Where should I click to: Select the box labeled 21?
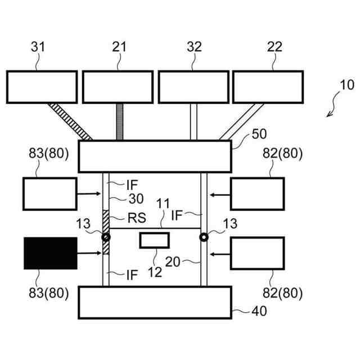pyautogui.click(x=118, y=87)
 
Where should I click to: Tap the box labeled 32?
pyautogui.click(x=193, y=87)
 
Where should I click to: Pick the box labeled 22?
pyautogui.click(x=268, y=87)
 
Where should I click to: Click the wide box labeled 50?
pyautogui.click(x=154, y=156)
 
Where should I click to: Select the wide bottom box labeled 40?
pyautogui.click(x=154, y=302)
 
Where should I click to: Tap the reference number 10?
pyautogui.click(x=346, y=85)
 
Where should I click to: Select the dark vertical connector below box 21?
pyautogui.click(x=119, y=121)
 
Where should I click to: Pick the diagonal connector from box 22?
pyautogui.click(x=240, y=121)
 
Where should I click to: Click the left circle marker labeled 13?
pyautogui.click(x=106, y=238)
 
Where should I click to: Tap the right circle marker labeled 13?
pyautogui.click(x=204, y=238)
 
